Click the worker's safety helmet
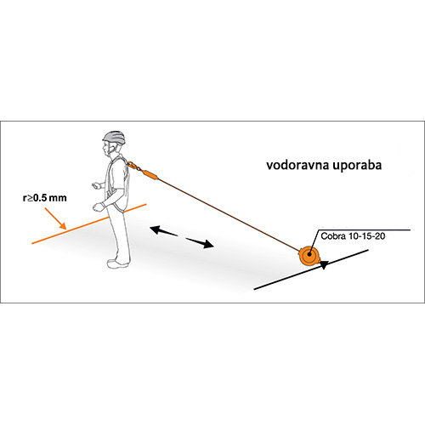click(114, 138)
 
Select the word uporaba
click(357, 166)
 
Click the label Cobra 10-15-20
click(353, 236)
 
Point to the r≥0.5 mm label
click(45, 198)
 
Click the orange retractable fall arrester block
click(309, 255)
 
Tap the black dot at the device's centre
click(309, 254)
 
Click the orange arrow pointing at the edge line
click(55, 218)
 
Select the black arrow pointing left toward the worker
click(164, 230)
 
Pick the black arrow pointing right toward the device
click(200, 243)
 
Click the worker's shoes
click(117, 263)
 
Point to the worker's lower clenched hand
click(98, 207)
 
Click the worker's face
click(107, 149)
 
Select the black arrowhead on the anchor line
click(324, 264)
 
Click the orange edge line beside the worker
click(89, 224)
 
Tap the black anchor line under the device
click(311, 269)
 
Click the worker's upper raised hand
click(96, 185)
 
